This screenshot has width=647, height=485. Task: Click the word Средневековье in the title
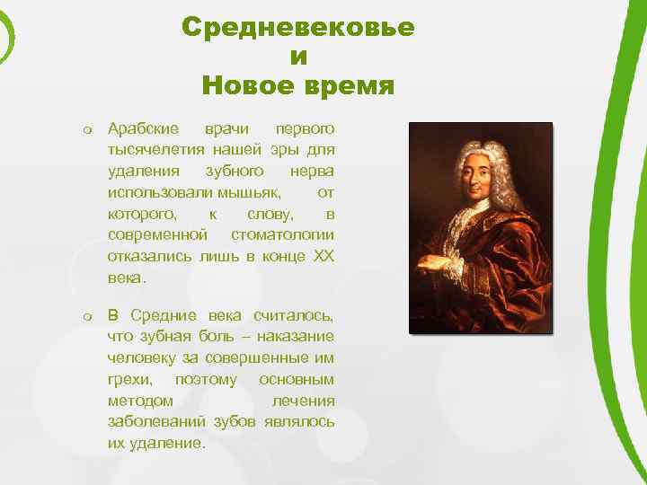pos(297,27)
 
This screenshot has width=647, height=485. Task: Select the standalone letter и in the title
pos(298,57)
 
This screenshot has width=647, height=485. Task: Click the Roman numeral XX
pos(322,256)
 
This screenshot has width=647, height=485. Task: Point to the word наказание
pos(296,336)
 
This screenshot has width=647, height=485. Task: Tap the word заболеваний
pos(155,422)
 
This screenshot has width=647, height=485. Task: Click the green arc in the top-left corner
pos(9,36)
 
